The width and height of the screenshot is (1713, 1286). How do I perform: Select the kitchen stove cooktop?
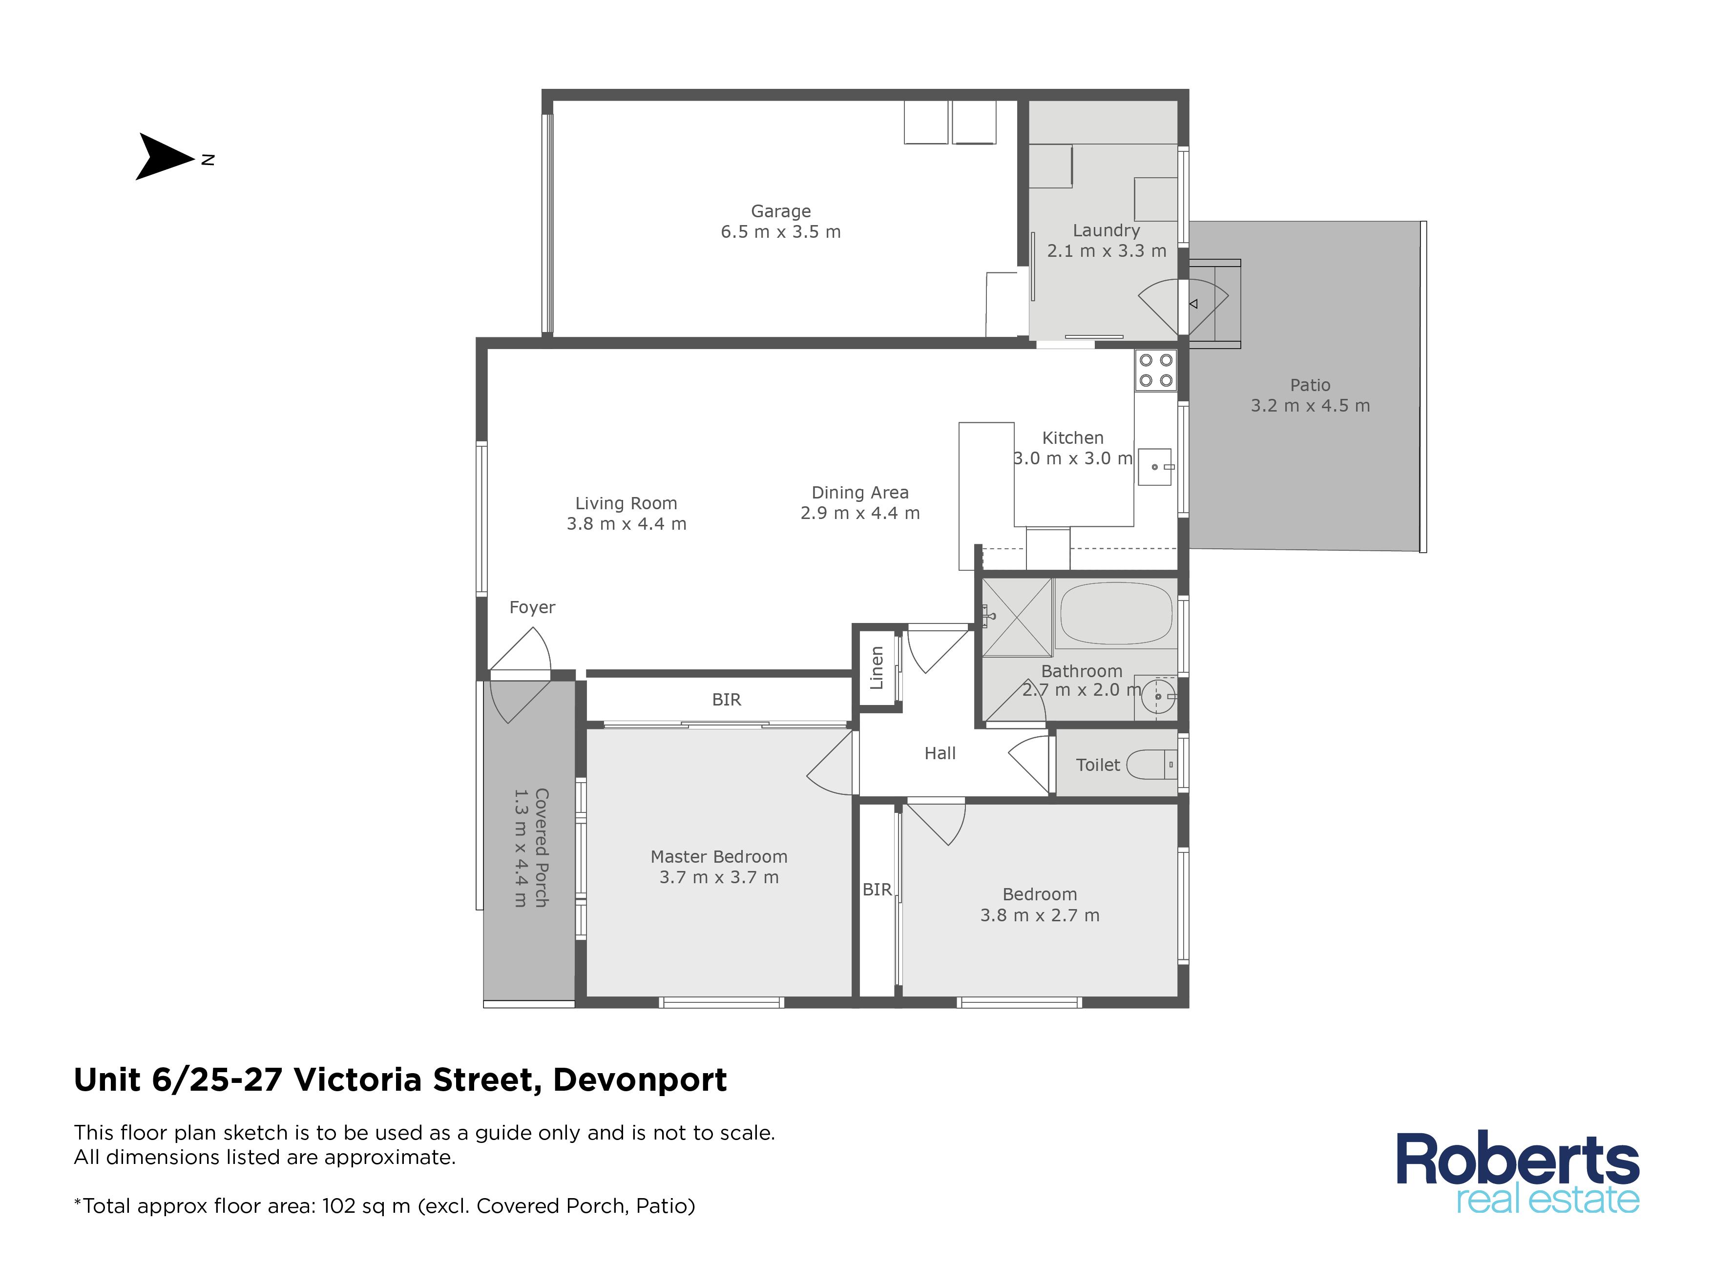(1155, 370)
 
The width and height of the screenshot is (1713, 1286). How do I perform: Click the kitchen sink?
(1155, 467)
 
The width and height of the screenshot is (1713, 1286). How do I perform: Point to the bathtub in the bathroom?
(1116, 615)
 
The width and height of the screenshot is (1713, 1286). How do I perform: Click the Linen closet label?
(877, 667)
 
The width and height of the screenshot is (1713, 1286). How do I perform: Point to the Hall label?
(940, 753)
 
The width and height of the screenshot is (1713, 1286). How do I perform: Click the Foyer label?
(532, 608)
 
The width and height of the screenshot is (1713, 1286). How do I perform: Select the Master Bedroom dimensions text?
(719, 877)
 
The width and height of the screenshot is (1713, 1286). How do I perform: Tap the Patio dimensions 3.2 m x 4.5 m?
(1310, 406)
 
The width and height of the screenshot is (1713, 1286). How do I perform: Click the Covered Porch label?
(542, 848)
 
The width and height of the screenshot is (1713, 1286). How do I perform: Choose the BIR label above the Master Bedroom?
(727, 700)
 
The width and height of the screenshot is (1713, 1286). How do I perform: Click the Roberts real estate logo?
(1518, 1173)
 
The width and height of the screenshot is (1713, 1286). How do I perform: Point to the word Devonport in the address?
(640, 1080)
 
